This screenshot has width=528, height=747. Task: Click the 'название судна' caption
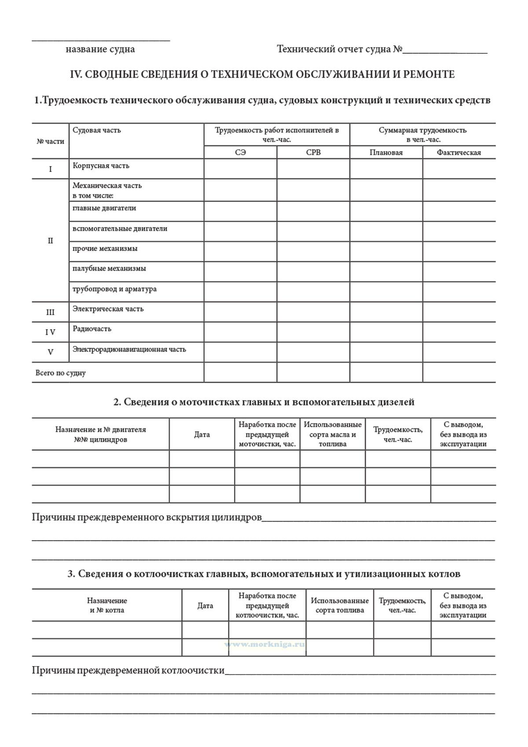pos(100,49)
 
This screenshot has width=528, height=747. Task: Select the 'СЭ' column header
pos(240,152)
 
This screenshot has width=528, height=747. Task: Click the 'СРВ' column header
pos(313,152)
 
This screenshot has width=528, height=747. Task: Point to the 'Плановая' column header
pos(386,152)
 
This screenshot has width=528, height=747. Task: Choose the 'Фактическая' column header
pos(458,152)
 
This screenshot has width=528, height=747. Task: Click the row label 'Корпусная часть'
pos(101,166)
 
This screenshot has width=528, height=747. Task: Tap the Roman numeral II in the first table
pos(50,241)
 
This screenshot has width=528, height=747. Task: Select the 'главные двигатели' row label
pos(104,208)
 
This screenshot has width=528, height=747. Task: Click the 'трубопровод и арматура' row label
pos(114,289)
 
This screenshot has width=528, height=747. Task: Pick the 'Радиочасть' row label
pos(92,329)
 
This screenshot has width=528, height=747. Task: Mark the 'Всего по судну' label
pos(60,373)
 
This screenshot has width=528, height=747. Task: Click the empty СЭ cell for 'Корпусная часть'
pos(240,169)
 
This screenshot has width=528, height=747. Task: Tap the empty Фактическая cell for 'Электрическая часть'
pos(458,312)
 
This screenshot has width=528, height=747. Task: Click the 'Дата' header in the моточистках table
pos(202,435)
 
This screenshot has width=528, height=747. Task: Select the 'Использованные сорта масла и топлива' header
pos(333,434)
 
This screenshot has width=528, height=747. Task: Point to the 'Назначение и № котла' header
pos(107,606)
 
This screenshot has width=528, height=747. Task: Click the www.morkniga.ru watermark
pos(265,644)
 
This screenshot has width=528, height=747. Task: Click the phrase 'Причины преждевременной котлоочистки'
pos(128,671)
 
